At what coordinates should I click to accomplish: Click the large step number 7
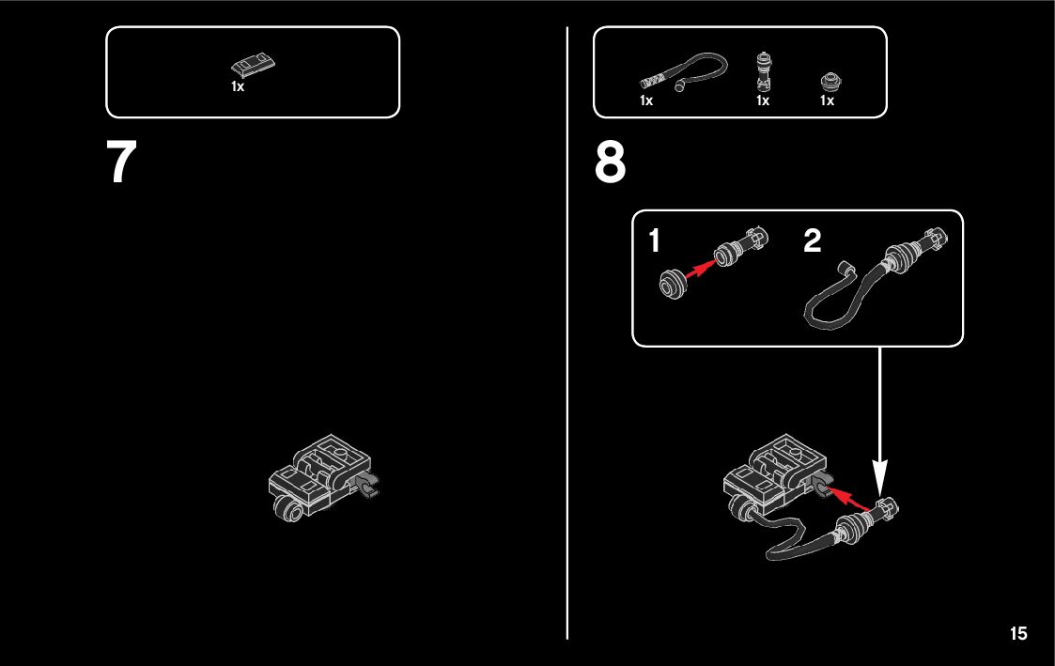click(x=122, y=162)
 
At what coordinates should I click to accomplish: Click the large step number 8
click(x=611, y=162)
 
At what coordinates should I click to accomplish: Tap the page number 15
click(x=1018, y=633)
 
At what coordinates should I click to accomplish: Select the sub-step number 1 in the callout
click(x=655, y=240)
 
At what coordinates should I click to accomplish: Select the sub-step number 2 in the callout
click(x=812, y=240)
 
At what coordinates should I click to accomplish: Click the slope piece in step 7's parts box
click(x=253, y=66)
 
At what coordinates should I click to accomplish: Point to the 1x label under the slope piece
click(x=238, y=86)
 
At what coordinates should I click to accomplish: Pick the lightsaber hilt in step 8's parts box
click(x=762, y=71)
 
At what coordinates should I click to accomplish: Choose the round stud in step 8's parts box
click(x=831, y=82)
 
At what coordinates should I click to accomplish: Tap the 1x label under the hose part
click(x=646, y=101)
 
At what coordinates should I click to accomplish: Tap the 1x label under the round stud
click(x=827, y=101)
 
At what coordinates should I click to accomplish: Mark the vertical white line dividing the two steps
click(x=567, y=333)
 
